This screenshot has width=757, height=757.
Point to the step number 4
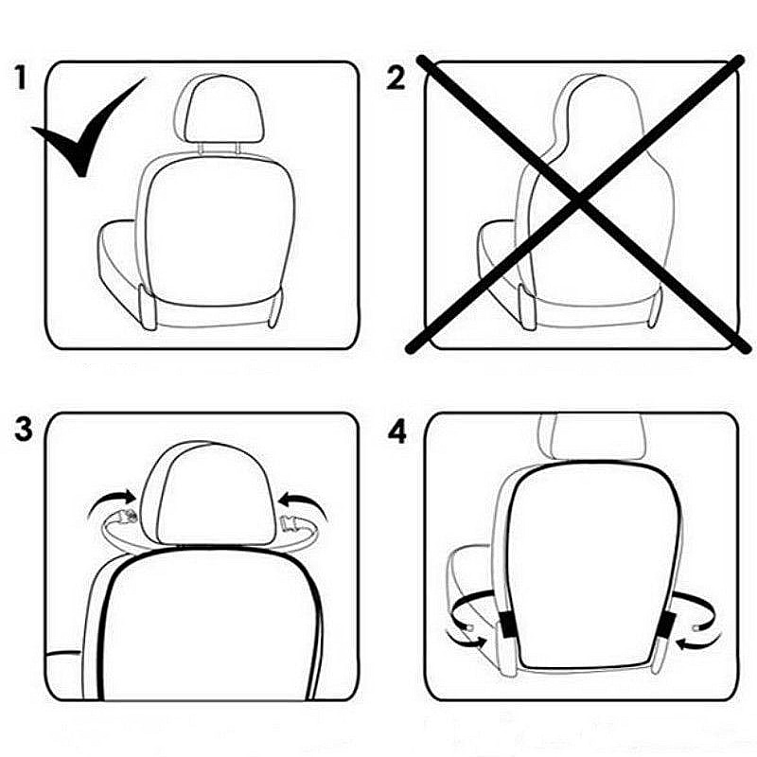click(x=397, y=432)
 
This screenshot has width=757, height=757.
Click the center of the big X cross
click(x=576, y=201)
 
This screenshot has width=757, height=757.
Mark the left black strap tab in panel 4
click(x=507, y=622)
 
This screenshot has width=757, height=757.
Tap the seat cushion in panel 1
click(x=119, y=255)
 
